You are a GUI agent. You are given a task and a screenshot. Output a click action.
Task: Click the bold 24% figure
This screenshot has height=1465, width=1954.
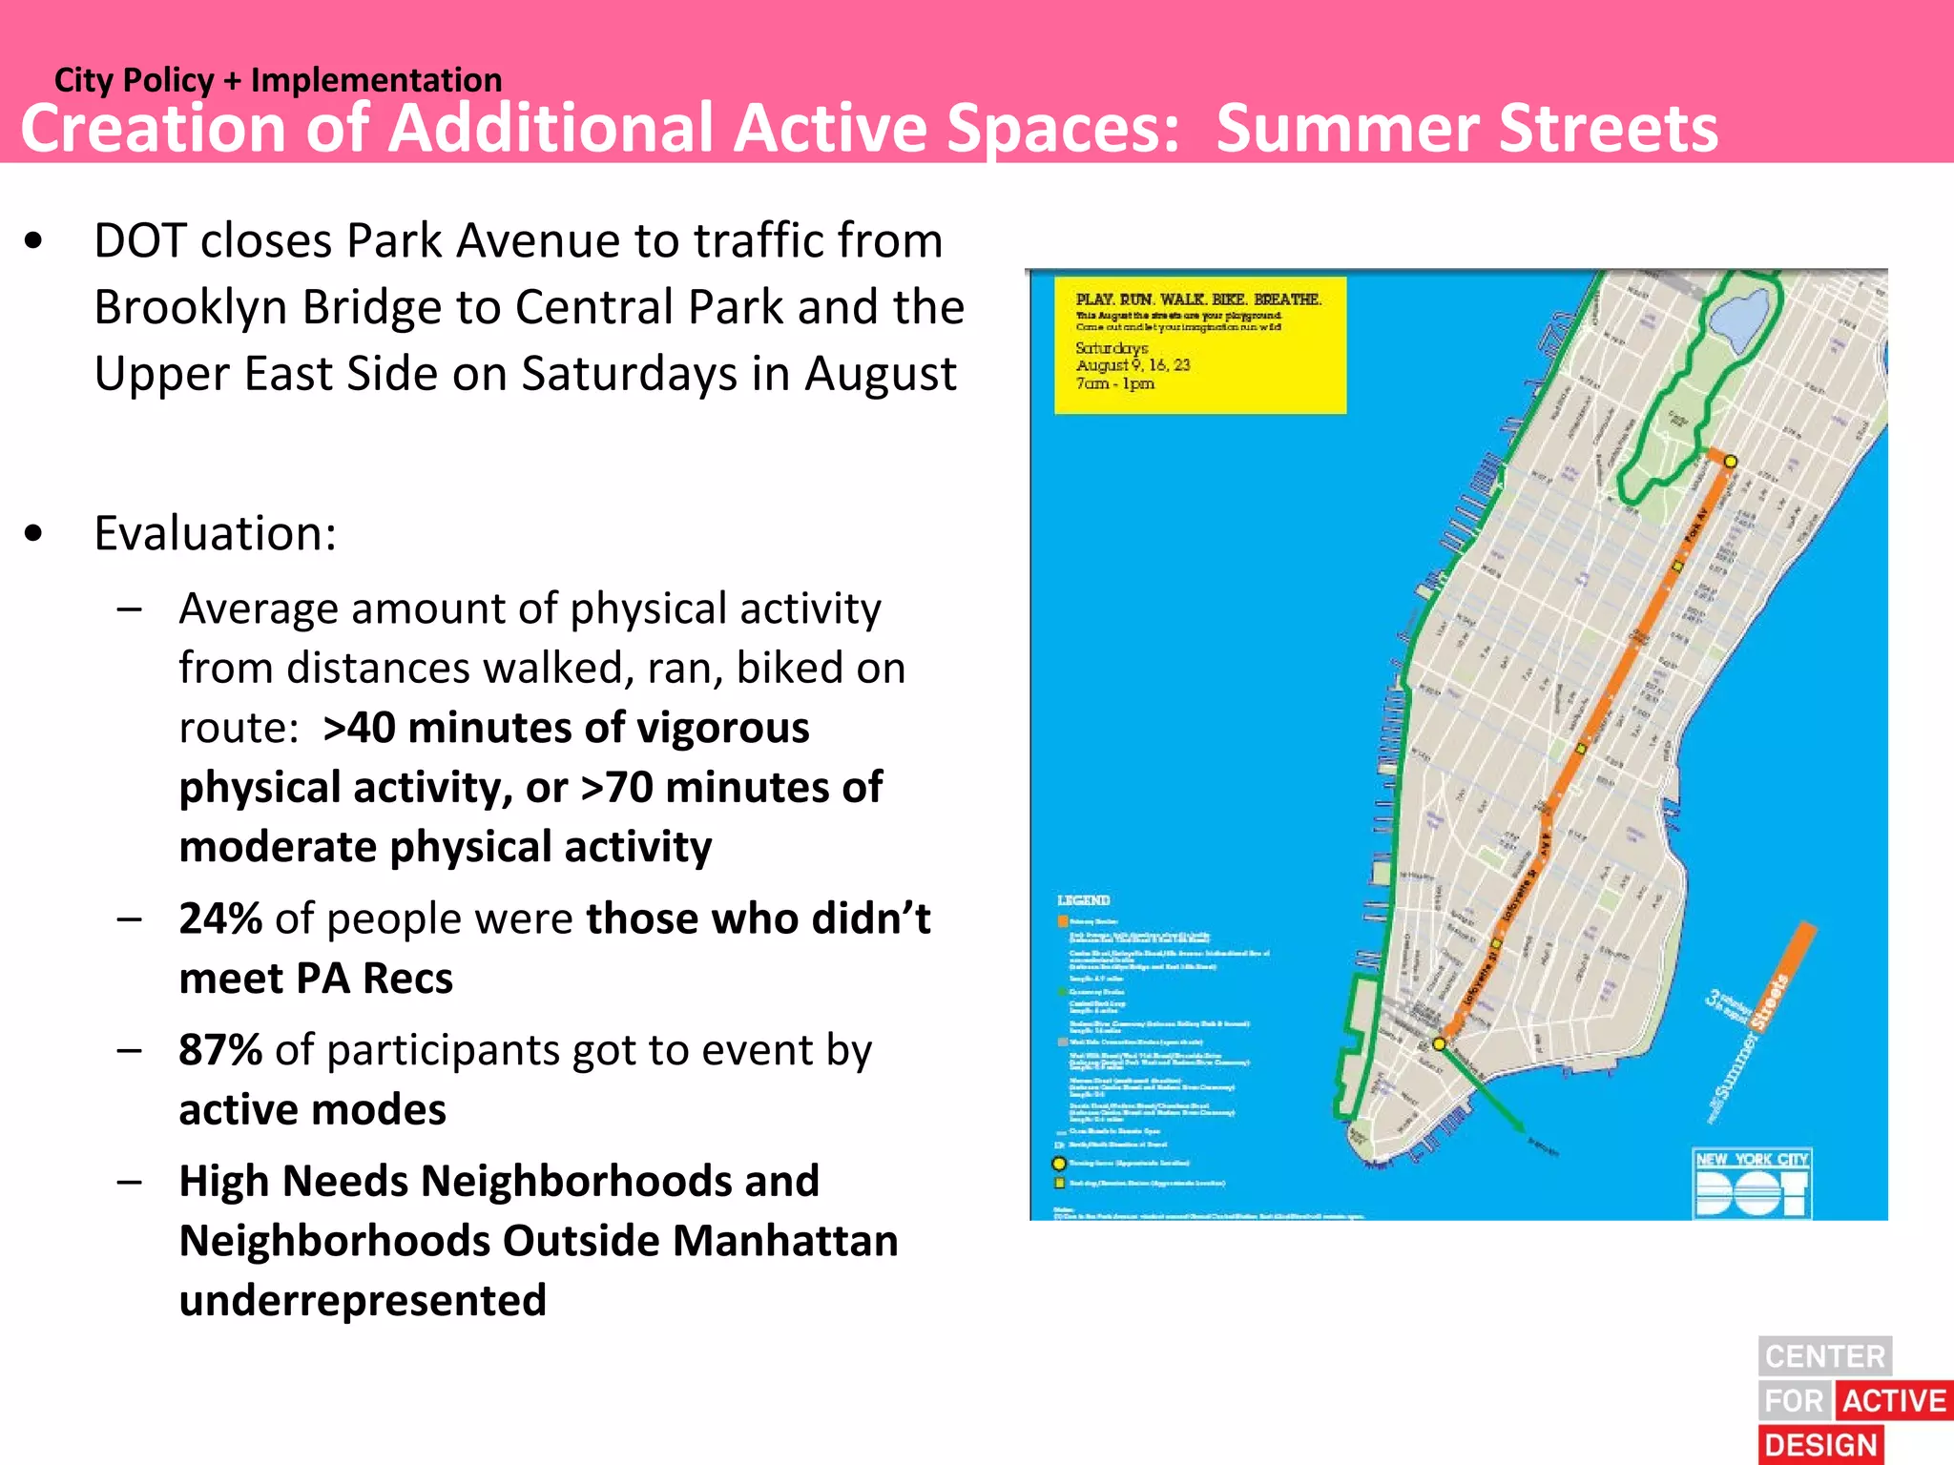coord(220,918)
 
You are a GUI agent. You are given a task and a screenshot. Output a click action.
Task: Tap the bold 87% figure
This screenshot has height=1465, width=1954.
coord(220,1049)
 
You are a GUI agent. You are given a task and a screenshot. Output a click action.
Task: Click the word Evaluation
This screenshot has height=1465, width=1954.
coord(215,532)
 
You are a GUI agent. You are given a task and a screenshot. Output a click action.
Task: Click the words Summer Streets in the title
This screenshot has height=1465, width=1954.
coord(1466,128)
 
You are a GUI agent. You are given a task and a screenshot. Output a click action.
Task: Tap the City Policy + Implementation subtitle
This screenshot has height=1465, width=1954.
coord(278,80)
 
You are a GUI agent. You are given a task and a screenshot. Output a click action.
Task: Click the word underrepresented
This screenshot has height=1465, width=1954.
coord(363,1300)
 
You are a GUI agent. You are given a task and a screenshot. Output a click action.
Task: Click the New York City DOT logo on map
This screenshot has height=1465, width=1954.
coord(1753,1184)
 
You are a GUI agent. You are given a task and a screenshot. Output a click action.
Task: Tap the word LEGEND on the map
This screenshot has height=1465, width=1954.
coord(1084,900)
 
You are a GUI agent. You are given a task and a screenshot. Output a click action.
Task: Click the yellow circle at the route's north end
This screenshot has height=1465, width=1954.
coord(1730,462)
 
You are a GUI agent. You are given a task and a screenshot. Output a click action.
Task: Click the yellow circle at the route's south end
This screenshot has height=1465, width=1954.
coord(1440,1043)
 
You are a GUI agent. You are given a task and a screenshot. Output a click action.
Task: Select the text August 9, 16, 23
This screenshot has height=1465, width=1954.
coord(1133,365)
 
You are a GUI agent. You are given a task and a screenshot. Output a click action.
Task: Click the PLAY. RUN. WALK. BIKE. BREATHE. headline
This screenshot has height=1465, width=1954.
coord(1198,299)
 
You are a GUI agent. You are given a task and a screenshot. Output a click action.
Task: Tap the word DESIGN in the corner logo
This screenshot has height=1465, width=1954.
coord(1820,1445)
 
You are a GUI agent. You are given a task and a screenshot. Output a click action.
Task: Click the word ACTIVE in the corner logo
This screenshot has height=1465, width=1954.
coord(1894,1401)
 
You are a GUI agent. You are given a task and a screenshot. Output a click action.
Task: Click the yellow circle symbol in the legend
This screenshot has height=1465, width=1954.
coord(1058,1164)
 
